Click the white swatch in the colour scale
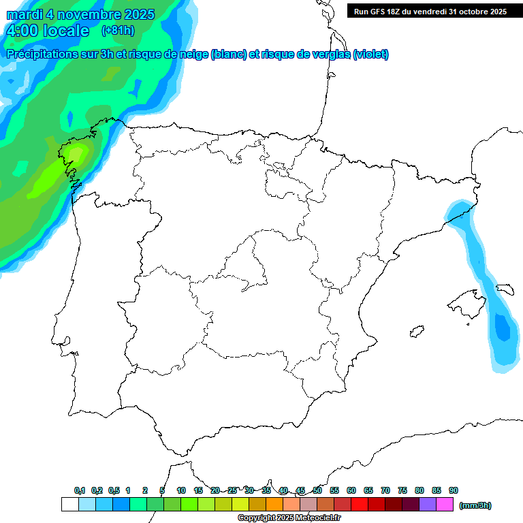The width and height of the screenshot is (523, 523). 69,504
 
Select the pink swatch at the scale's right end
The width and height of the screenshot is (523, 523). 445,504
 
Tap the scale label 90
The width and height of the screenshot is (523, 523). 454,490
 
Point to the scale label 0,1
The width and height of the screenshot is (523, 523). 80,490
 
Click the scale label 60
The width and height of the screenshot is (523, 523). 351,490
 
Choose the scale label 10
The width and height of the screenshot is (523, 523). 181,490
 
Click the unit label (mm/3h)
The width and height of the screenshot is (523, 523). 475,505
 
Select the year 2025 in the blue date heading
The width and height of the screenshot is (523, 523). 136,14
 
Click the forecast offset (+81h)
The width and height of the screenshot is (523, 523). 118,31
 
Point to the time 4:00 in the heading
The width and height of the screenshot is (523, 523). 22,31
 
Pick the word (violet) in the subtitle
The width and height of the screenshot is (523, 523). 371,54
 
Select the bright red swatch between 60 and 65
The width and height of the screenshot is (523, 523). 360,504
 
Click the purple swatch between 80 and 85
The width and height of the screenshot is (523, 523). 428,504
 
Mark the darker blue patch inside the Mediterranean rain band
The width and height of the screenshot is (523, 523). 502,329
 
